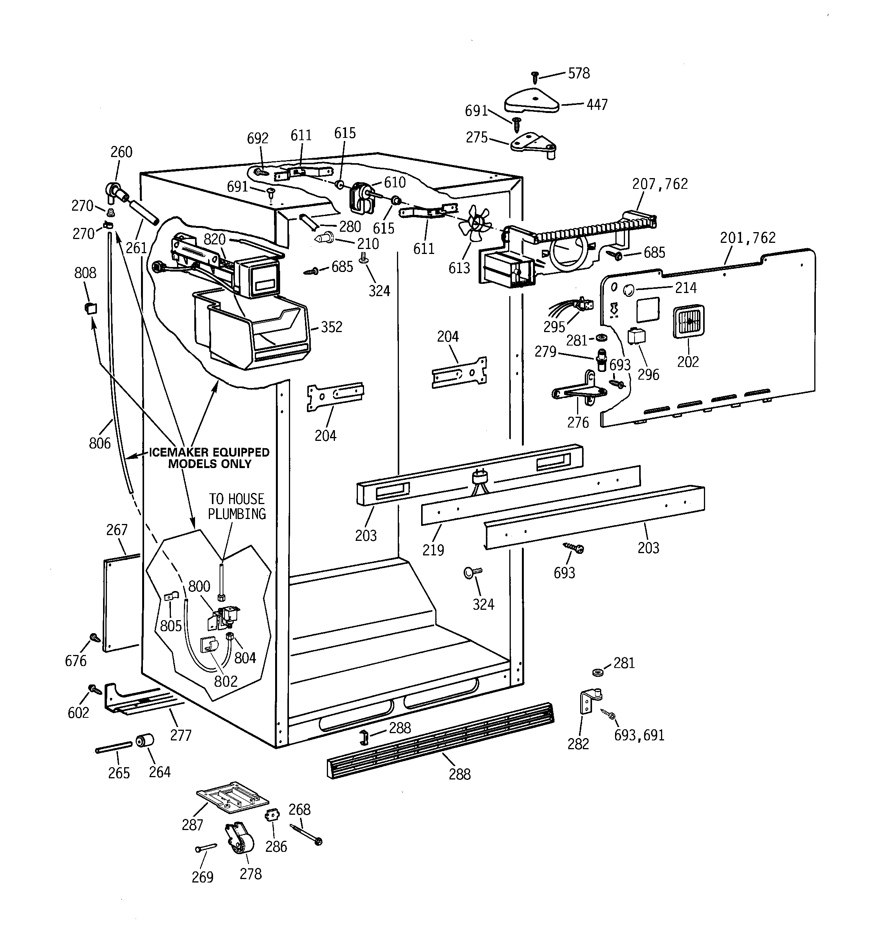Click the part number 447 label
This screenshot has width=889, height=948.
(597, 105)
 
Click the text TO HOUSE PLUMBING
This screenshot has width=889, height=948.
(237, 506)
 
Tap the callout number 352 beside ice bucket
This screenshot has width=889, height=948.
(331, 327)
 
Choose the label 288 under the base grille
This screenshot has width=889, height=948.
(459, 774)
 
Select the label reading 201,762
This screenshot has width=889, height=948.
(747, 237)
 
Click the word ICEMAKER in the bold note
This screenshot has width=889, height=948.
(179, 452)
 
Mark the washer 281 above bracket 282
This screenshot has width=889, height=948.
(597, 672)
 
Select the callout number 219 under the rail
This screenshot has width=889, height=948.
(433, 550)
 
